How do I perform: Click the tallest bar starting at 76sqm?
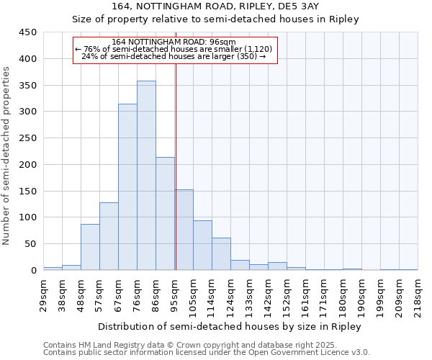[x=146, y=176]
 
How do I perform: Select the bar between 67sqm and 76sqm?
[x=127, y=187]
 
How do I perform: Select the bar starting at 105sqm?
[x=202, y=246]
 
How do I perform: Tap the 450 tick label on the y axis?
[x=28, y=32]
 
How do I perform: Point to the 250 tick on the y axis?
[x=28, y=138]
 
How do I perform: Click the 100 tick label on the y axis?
[x=28, y=217]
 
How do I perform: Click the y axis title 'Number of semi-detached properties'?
[x=6, y=155]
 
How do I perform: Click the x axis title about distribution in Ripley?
[x=230, y=327]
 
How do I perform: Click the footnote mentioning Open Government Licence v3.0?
[x=207, y=353]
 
